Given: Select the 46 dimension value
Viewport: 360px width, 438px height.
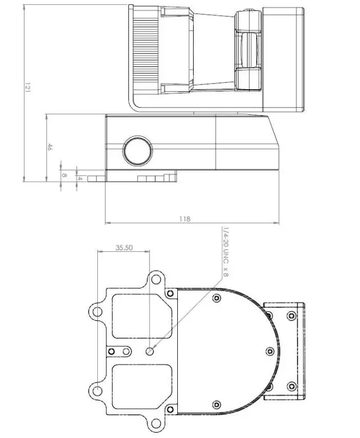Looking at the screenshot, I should [49, 147].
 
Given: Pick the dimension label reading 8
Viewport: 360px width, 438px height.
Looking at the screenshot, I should [64, 175].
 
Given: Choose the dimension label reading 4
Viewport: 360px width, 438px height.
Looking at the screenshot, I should [80, 178].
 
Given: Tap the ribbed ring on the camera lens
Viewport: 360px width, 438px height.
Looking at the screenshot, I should [145, 49].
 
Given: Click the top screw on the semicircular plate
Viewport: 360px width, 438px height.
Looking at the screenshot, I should [217, 298].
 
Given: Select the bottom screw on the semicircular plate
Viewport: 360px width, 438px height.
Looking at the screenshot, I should [217, 404].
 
